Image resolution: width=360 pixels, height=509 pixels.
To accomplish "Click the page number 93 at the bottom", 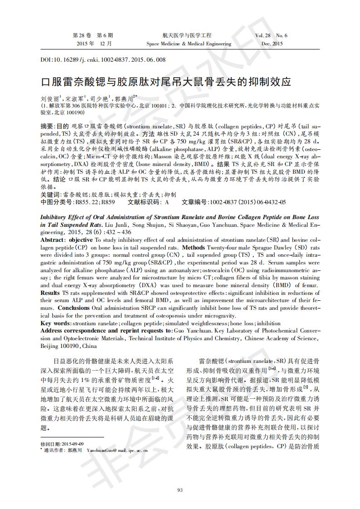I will point(180,489).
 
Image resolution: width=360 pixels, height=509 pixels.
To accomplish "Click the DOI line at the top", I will point(103,59).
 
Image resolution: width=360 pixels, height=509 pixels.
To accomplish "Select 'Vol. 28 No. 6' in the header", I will point(271,35).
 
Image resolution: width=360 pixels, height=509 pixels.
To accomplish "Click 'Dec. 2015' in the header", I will point(271,44).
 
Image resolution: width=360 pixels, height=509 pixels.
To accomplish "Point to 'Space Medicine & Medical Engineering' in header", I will point(189,44).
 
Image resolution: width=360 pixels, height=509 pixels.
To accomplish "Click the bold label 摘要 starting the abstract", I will point(47,126).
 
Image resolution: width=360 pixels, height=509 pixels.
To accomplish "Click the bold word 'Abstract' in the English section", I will point(54,240).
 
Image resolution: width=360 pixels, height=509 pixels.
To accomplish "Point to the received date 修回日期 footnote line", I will point(62,444).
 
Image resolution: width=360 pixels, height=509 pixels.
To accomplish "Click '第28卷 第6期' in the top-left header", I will point(93,35).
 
